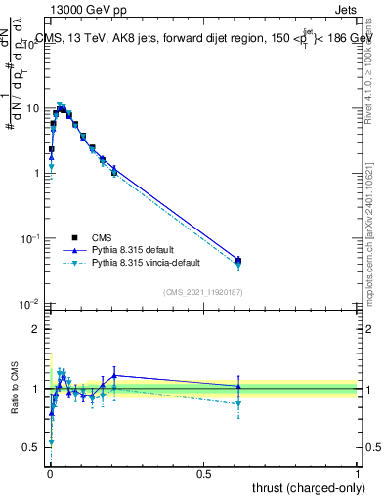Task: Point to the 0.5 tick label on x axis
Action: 203,474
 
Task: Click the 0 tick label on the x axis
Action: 50,474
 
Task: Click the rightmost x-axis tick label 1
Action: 358,474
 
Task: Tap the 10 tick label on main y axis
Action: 31,108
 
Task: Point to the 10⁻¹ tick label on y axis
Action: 29,239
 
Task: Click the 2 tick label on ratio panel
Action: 37,329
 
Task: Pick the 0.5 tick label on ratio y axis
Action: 33,448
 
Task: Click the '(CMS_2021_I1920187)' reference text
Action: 203,291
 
